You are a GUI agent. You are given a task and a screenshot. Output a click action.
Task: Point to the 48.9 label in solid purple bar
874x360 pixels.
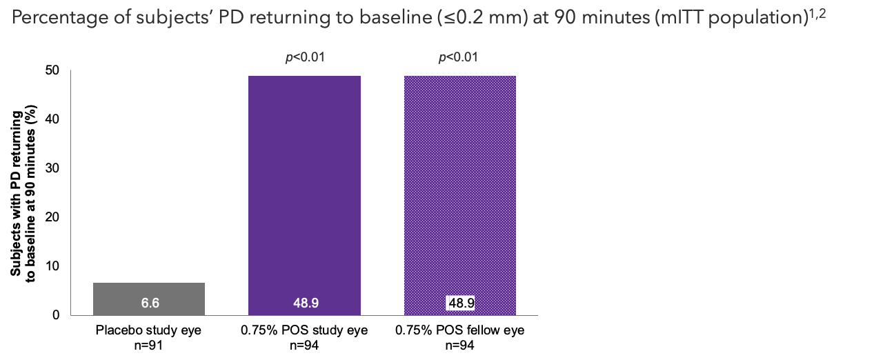coord(304,303)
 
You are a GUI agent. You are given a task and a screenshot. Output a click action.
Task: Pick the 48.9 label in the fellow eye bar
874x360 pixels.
coord(460,303)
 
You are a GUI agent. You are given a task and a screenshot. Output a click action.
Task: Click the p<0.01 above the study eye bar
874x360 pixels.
coord(305,57)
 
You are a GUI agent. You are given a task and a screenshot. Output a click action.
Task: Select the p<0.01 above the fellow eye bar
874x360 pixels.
coord(458,57)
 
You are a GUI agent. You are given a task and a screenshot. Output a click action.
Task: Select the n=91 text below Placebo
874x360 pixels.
coord(148,344)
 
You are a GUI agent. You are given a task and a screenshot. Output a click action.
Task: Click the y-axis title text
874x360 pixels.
coord(20,193)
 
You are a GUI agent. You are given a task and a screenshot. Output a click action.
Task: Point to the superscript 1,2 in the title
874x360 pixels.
coord(817,12)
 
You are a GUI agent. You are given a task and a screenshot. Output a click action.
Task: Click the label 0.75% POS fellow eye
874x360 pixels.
coord(459,331)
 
